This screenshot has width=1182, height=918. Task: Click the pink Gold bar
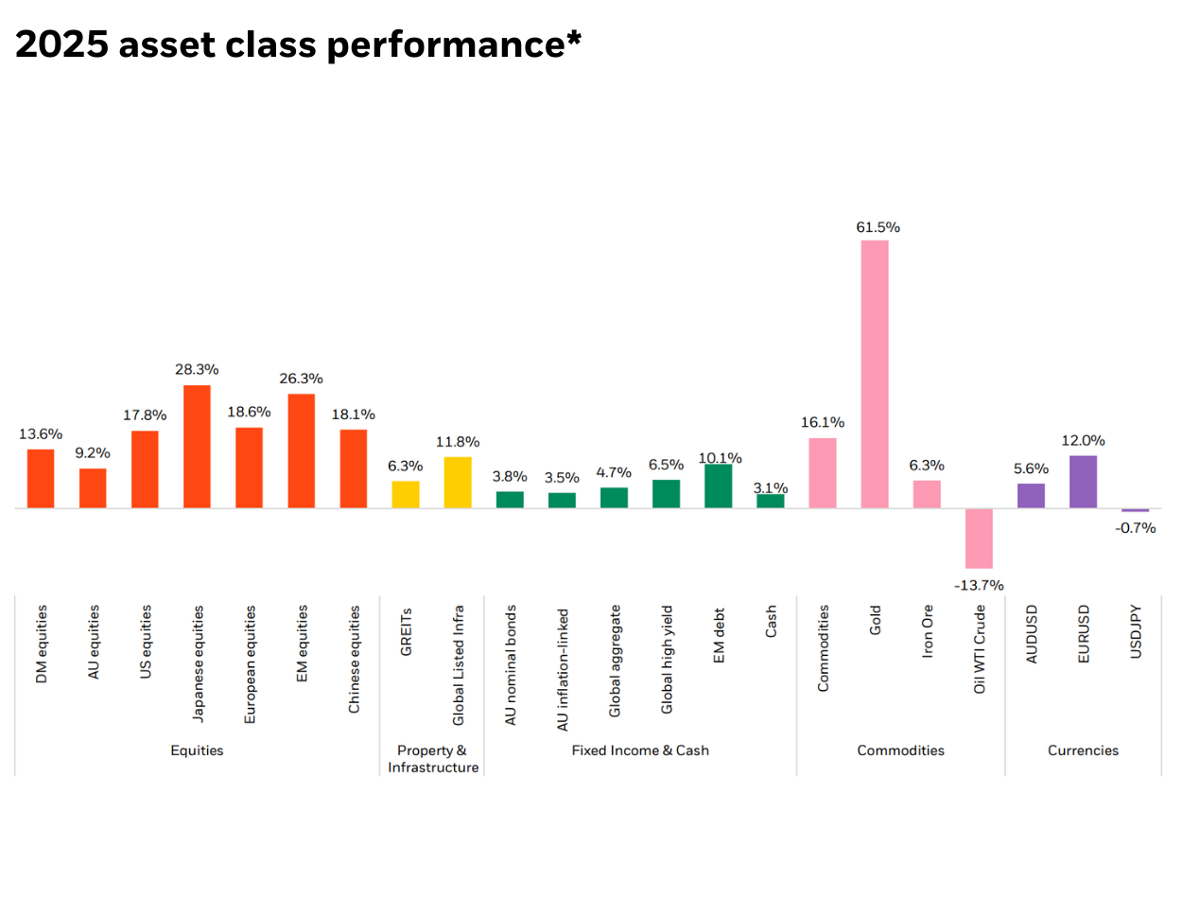coord(874,374)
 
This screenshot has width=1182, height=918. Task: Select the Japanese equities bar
coord(197,447)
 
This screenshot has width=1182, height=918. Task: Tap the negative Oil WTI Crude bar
coord(979,538)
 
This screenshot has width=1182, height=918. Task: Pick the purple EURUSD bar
coord(1083,482)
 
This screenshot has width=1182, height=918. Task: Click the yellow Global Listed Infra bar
coord(458,483)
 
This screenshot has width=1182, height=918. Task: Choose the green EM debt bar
coord(718,486)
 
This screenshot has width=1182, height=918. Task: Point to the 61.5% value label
coord(878,227)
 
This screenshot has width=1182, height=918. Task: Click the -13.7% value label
coord(979,585)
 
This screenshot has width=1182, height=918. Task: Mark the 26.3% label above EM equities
coord(301,379)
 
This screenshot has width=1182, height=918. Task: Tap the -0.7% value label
coord(1135,528)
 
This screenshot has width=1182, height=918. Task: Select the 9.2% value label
coord(93,453)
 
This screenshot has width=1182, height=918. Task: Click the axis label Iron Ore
coord(927,631)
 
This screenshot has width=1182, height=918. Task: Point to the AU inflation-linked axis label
coord(563,669)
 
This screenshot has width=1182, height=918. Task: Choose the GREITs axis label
coord(406,631)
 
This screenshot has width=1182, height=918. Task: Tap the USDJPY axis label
coord(1136,631)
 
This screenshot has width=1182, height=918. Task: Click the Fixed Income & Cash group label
coord(640,750)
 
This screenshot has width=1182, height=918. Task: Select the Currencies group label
coord(1083,750)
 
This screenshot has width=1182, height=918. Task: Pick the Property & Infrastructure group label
coord(432,759)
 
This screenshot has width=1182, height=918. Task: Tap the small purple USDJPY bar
coord(1135,510)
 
